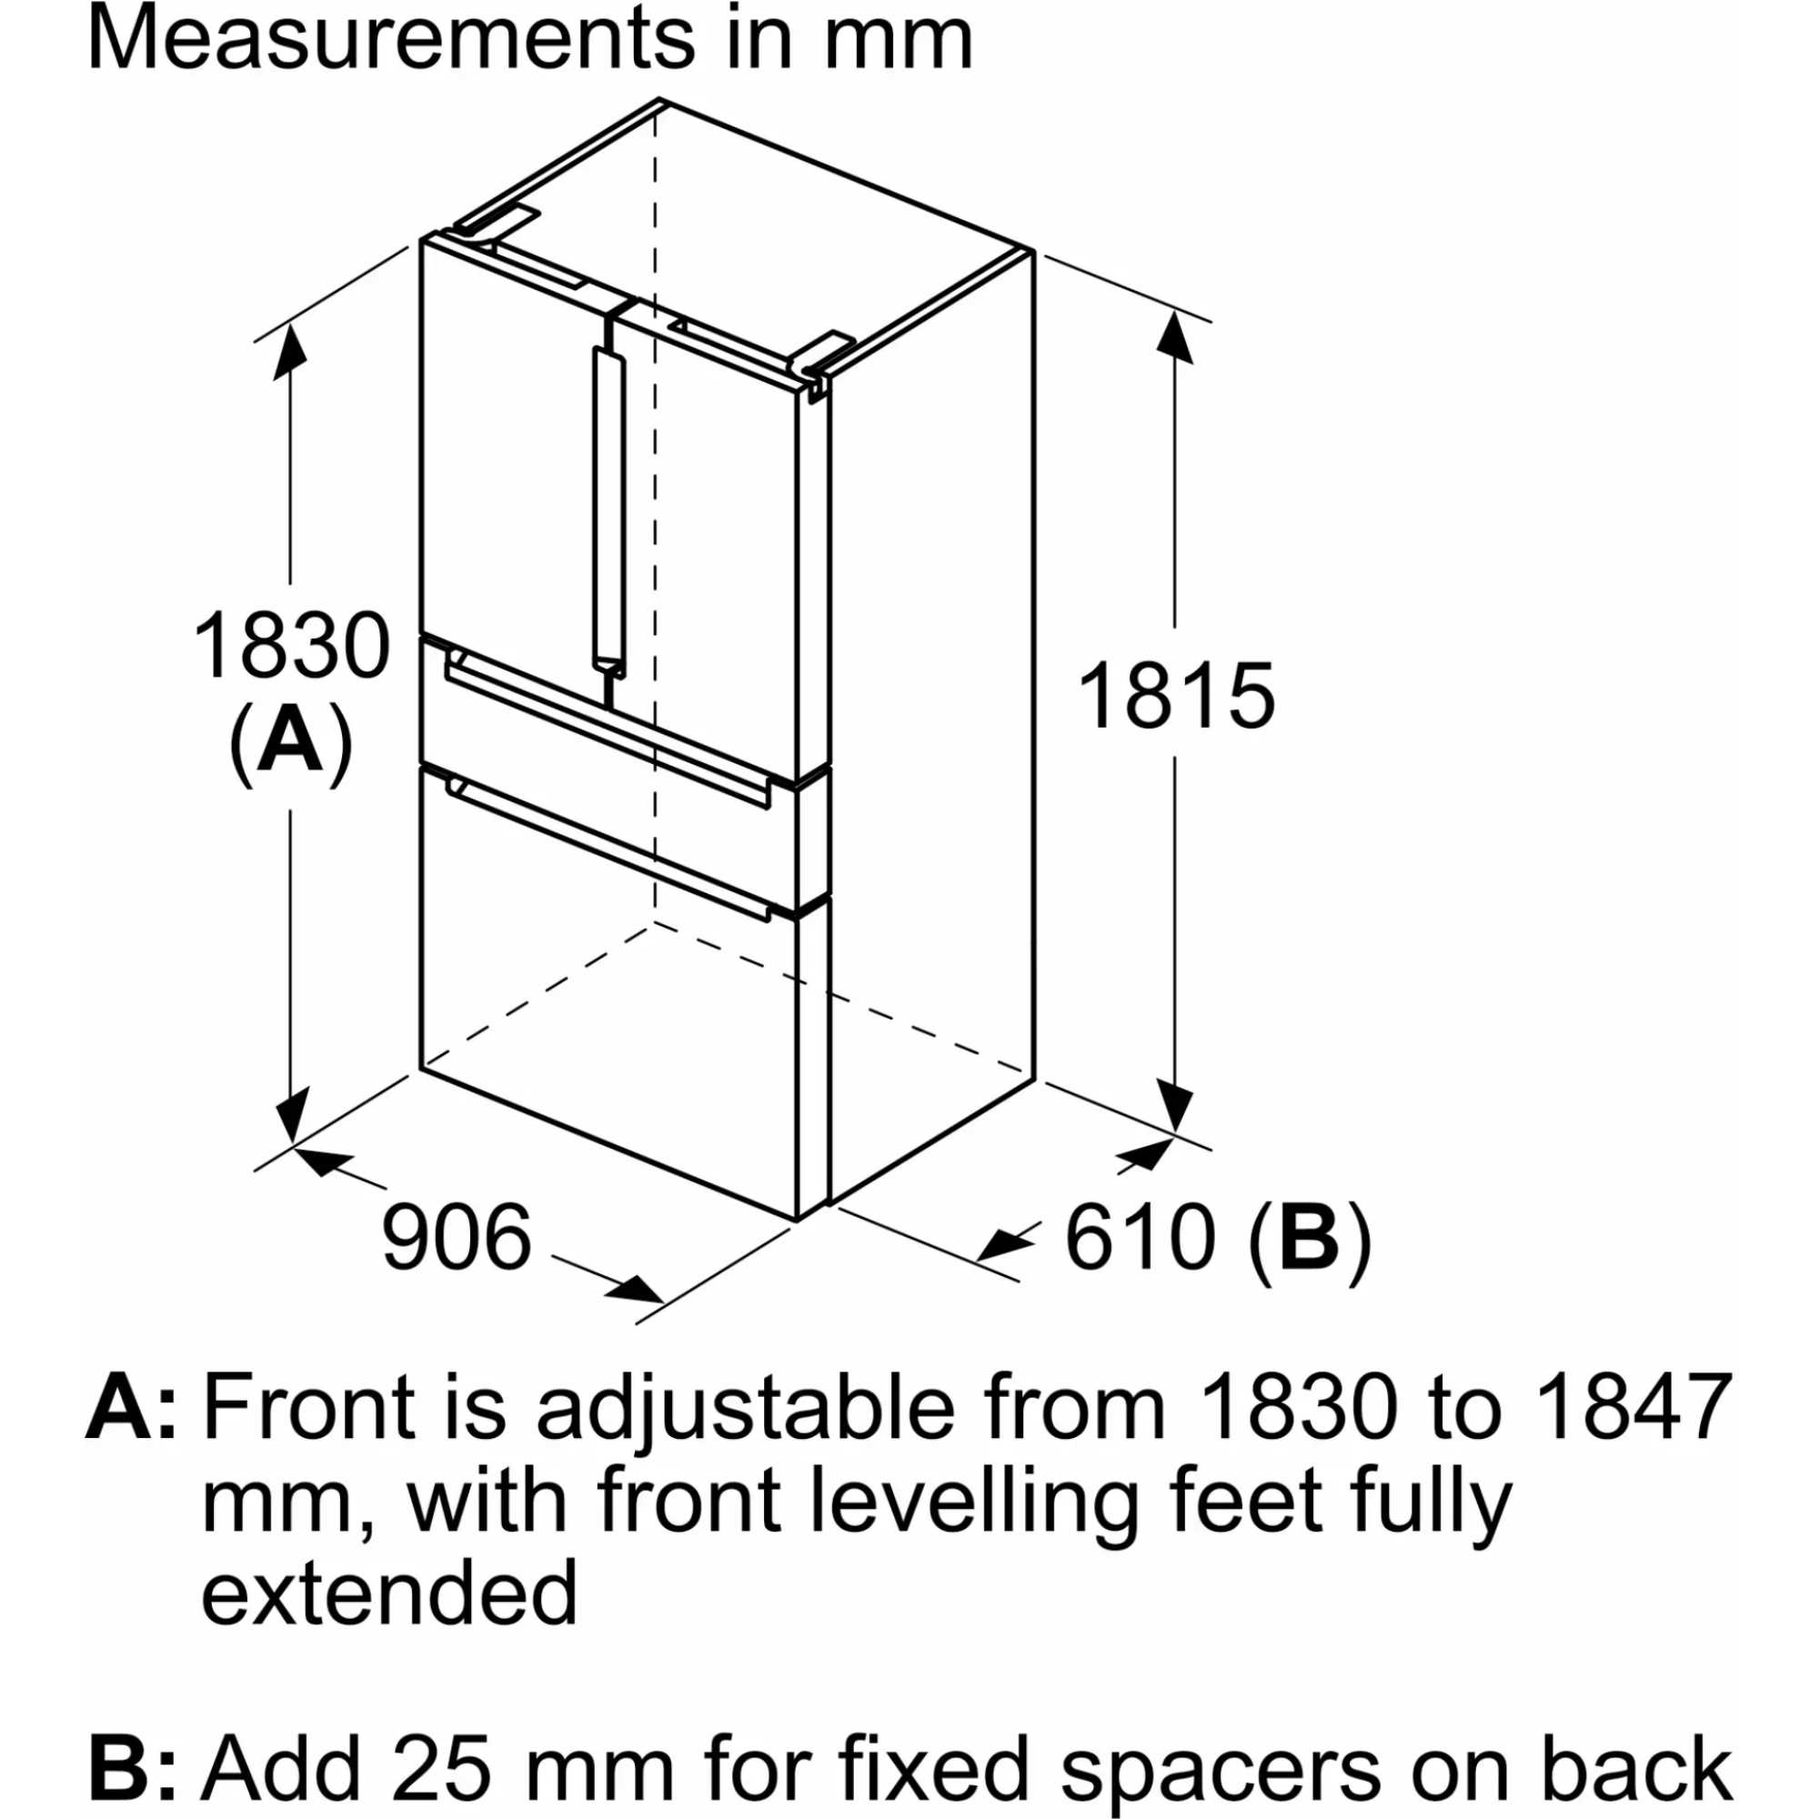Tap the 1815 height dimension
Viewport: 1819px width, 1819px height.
pyautogui.click(x=1175, y=696)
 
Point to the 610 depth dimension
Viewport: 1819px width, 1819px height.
pyautogui.click(x=1140, y=1236)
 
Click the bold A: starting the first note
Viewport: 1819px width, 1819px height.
pyautogui.click(x=131, y=1409)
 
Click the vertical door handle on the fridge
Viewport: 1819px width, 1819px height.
pyautogui.click(x=608, y=511)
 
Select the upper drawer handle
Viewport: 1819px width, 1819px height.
pyautogui.click(x=609, y=724)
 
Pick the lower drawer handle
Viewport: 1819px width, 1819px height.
pyautogui.click(x=609, y=849)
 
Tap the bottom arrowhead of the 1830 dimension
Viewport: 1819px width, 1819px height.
pyautogui.click(x=293, y=1115)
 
